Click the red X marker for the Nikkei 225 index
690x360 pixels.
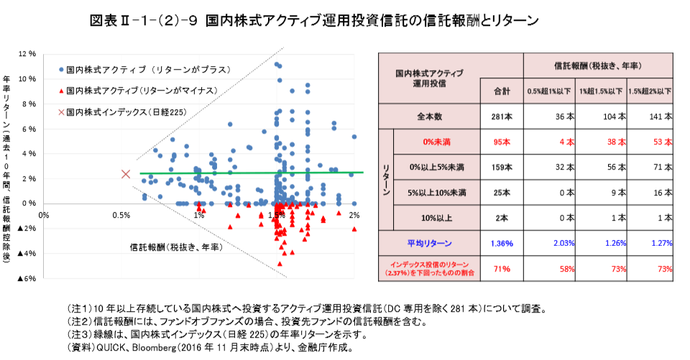(x=126, y=173)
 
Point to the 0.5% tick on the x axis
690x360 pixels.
(x=121, y=215)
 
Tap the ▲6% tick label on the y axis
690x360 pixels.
(x=27, y=279)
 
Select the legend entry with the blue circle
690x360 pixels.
(x=144, y=70)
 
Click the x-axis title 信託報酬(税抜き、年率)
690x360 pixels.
(x=175, y=246)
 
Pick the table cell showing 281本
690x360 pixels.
(x=502, y=116)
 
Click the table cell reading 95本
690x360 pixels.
(x=502, y=142)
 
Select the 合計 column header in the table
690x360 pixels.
(x=502, y=91)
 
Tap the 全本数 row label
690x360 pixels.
(x=430, y=116)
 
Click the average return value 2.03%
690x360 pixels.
(x=550, y=243)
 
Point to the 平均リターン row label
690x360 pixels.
(x=430, y=243)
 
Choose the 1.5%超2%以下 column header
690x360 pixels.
(x=650, y=91)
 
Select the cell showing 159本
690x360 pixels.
(x=502, y=167)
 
